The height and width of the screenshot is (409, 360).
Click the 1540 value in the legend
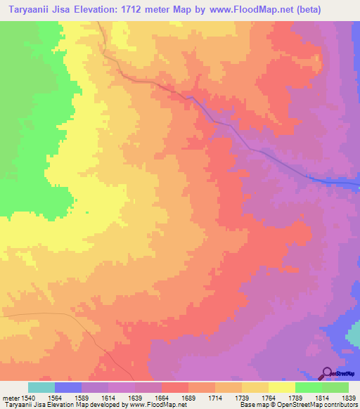point(28,398)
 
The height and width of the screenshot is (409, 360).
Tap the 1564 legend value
point(54,398)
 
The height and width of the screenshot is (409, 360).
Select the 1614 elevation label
point(108,398)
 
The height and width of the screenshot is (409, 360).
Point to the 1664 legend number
point(161,398)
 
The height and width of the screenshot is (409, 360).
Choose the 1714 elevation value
point(214,398)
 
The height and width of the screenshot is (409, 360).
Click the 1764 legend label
point(268,398)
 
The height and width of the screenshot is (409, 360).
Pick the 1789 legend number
point(295,398)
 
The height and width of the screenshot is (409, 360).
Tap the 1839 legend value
point(348,398)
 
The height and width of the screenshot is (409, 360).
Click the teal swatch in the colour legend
point(41,387)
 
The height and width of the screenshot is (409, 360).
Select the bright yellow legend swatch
point(281,387)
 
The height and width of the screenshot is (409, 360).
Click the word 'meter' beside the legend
point(10,398)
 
